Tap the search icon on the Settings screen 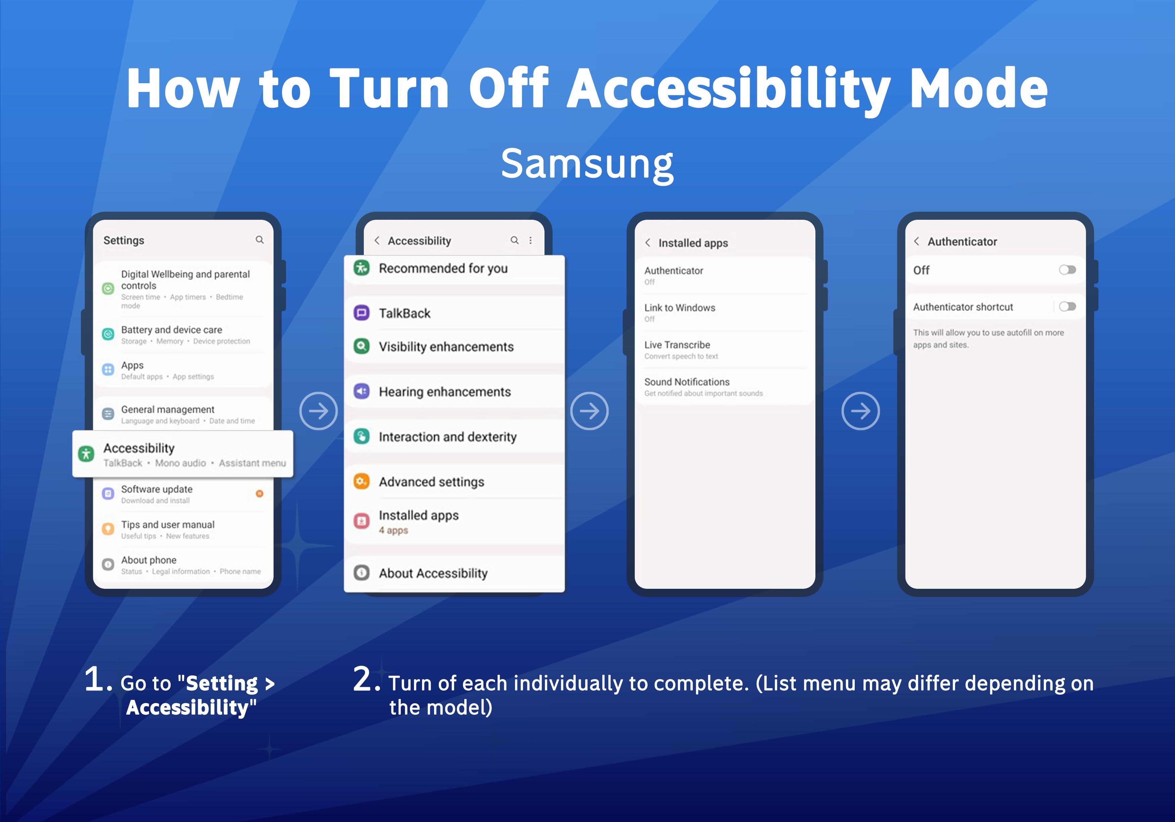pyautogui.click(x=260, y=240)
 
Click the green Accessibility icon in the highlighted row pyautogui.click(x=86, y=454)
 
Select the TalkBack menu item pyautogui.click(x=404, y=313)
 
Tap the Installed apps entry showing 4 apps pyautogui.click(x=419, y=522)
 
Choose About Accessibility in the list pyautogui.click(x=433, y=573)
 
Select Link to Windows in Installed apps pyautogui.click(x=679, y=307)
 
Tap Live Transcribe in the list pyautogui.click(x=677, y=345)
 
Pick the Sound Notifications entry pyautogui.click(x=687, y=381)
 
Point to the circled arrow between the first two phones pyautogui.click(x=318, y=411)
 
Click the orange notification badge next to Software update pyautogui.click(x=260, y=494)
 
